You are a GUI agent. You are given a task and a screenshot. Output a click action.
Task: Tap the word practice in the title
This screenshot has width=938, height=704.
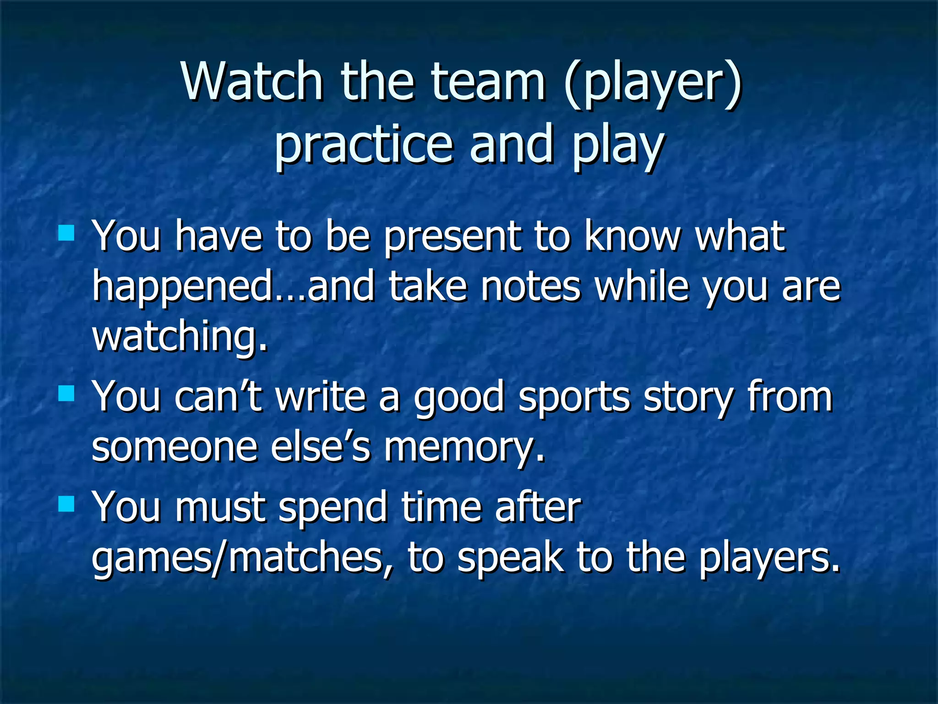click(364, 146)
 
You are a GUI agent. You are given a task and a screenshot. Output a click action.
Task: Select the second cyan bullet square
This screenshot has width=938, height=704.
click(66, 393)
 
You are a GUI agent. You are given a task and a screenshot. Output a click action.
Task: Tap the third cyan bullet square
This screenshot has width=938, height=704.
click(66, 504)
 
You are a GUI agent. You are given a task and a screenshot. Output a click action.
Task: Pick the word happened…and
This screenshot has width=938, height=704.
click(234, 288)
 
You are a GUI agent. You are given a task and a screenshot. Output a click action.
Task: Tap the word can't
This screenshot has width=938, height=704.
click(218, 396)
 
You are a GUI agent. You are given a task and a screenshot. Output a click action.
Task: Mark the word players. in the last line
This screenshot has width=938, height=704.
click(769, 559)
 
